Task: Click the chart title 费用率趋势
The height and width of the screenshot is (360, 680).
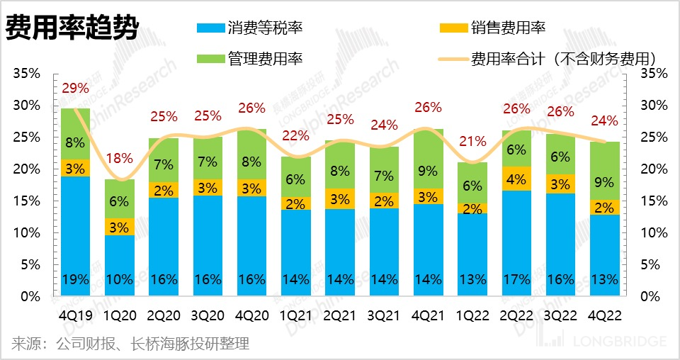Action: [72, 30]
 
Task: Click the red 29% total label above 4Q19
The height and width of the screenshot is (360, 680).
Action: [75, 89]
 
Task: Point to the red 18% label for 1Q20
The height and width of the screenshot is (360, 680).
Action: [120, 158]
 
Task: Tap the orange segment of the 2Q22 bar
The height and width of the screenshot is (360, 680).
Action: [516, 179]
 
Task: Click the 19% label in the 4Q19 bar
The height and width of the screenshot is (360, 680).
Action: [75, 279]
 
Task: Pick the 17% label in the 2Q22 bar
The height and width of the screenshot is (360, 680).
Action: [516, 279]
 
